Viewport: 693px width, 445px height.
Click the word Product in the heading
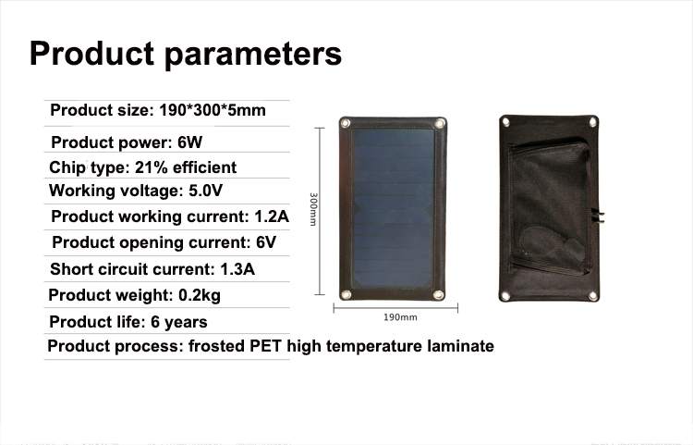[x=91, y=54]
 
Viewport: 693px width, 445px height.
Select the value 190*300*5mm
[x=213, y=110]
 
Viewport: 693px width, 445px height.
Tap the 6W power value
[x=189, y=142]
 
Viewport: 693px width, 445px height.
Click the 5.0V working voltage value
[x=205, y=191]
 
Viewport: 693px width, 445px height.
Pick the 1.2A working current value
[x=272, y=216]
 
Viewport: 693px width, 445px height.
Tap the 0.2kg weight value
[x=200, y=295]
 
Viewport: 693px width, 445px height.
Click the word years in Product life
[x=186, y=323]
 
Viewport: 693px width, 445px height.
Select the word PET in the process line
[x=265, y=346]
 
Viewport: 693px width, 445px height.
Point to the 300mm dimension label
[x=313, y=209]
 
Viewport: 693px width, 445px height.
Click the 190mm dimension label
[x=400, y=317]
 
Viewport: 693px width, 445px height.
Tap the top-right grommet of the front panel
[x=439, y=123]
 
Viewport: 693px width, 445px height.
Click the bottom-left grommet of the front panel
[x=346, y=294]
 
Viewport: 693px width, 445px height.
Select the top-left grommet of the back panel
[x=506, y=121]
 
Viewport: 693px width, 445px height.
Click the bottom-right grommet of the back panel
[x=593, y=296]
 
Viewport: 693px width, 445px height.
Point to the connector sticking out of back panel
[x=599, y=216]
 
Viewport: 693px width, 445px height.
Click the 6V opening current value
[x=266, y=242]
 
